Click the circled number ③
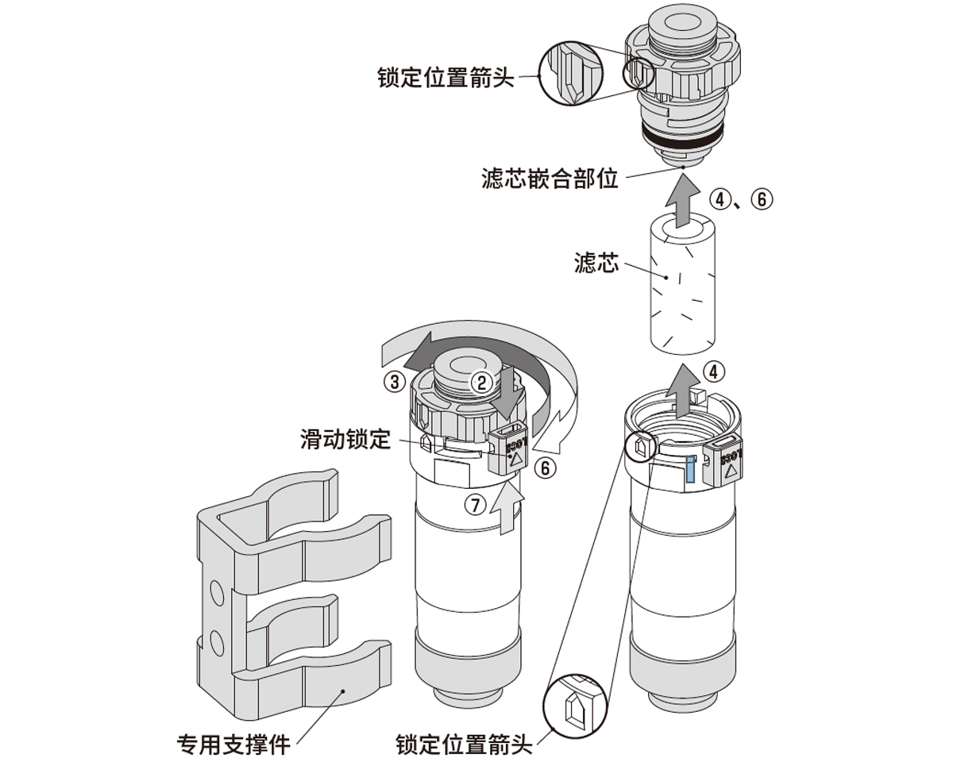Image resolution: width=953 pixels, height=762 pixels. point(394,381)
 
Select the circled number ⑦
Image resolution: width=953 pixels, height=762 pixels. point(475,505)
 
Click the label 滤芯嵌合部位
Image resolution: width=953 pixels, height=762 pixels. point(550,178)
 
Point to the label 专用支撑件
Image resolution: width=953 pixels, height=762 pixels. point(233,745)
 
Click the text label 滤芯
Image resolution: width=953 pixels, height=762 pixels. point(596,263)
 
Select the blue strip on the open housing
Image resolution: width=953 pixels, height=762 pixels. point(690,470)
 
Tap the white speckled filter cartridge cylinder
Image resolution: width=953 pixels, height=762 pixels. point(682,286)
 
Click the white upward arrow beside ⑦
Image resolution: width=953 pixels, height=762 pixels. point(507,511)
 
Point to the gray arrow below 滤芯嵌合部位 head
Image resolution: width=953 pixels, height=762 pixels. point(681,201)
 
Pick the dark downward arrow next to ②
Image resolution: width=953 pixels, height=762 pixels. point(504,393)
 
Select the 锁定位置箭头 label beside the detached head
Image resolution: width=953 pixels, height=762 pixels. point(446,78)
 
